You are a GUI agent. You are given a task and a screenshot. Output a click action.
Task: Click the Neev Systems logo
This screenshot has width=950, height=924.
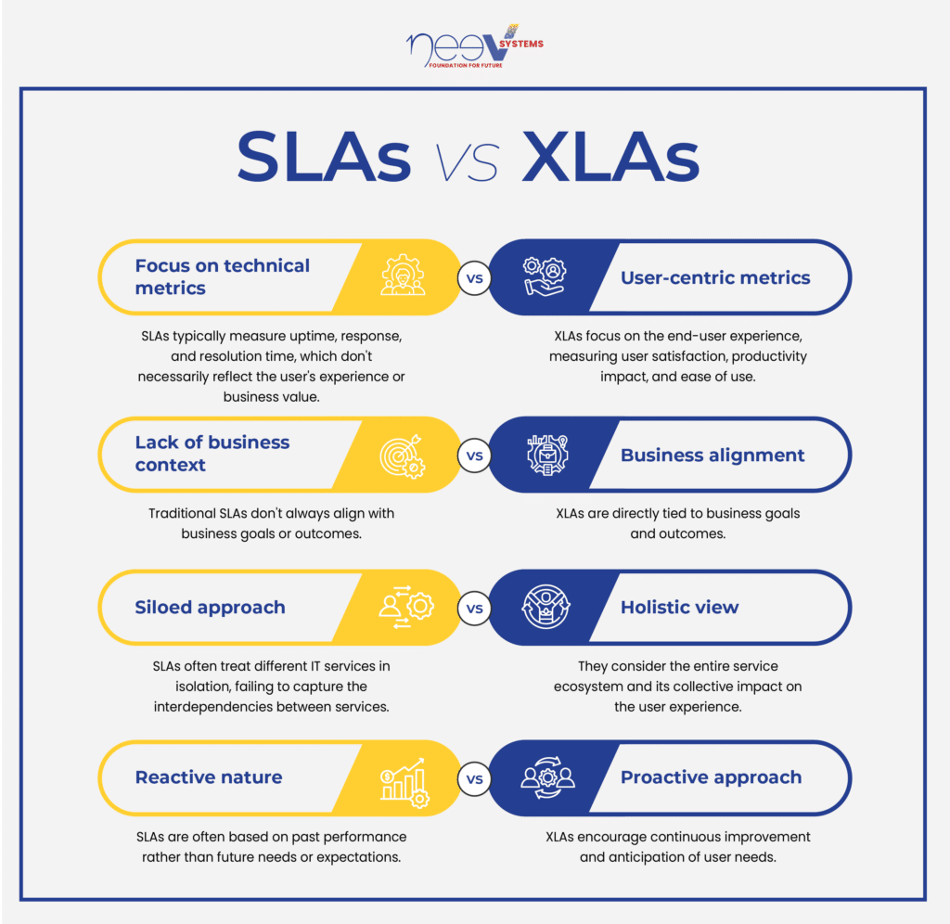[474, 46]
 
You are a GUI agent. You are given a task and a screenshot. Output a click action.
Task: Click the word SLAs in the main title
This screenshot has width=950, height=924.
[324, 157]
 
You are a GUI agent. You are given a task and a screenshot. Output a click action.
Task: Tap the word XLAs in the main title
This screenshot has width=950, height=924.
[610, 157]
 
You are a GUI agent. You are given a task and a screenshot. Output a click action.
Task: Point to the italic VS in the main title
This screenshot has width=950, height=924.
[468, 162]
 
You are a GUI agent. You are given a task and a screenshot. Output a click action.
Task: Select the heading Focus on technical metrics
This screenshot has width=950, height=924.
[223, 276]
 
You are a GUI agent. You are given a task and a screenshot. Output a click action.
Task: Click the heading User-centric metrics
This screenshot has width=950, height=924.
[715, 277]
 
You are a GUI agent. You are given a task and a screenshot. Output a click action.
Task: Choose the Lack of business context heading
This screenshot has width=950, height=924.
[212, 454]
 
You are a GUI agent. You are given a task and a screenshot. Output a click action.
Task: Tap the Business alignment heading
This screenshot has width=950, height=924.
[712, 455]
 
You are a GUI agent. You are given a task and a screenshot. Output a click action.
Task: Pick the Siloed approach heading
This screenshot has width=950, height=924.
[210, 607]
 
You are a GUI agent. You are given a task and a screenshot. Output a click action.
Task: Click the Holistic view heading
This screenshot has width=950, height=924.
[680, 607]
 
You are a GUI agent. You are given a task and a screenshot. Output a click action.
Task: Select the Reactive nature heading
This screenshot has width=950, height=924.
[209, 776]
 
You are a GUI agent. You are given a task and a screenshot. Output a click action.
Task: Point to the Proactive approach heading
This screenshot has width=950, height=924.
[712, 777]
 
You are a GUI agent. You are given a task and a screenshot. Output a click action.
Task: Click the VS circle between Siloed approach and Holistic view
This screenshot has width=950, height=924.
[474, 609]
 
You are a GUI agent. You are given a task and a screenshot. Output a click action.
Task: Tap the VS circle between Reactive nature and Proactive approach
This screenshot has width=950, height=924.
[474, 778]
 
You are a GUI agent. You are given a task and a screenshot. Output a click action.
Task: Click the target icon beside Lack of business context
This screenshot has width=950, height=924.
[403, 456]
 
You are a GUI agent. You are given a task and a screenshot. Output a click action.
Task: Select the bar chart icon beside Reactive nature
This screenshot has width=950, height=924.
[404, 782]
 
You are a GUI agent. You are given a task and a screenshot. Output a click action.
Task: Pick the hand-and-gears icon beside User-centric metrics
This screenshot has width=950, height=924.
[545, 276]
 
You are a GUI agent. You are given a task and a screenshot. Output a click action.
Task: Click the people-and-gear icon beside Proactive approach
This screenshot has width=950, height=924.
[547, 777]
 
